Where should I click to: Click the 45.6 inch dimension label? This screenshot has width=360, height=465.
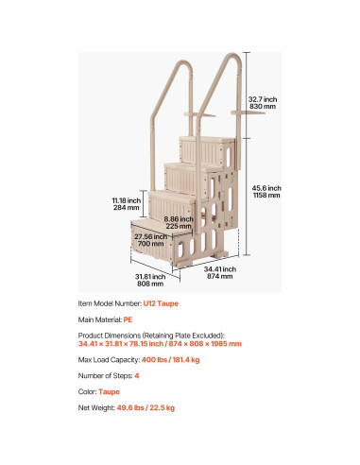[x=267, y=191]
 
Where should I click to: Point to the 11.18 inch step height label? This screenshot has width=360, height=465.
[x=127, y=204]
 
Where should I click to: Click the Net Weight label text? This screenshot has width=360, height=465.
[x=96, y=407]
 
